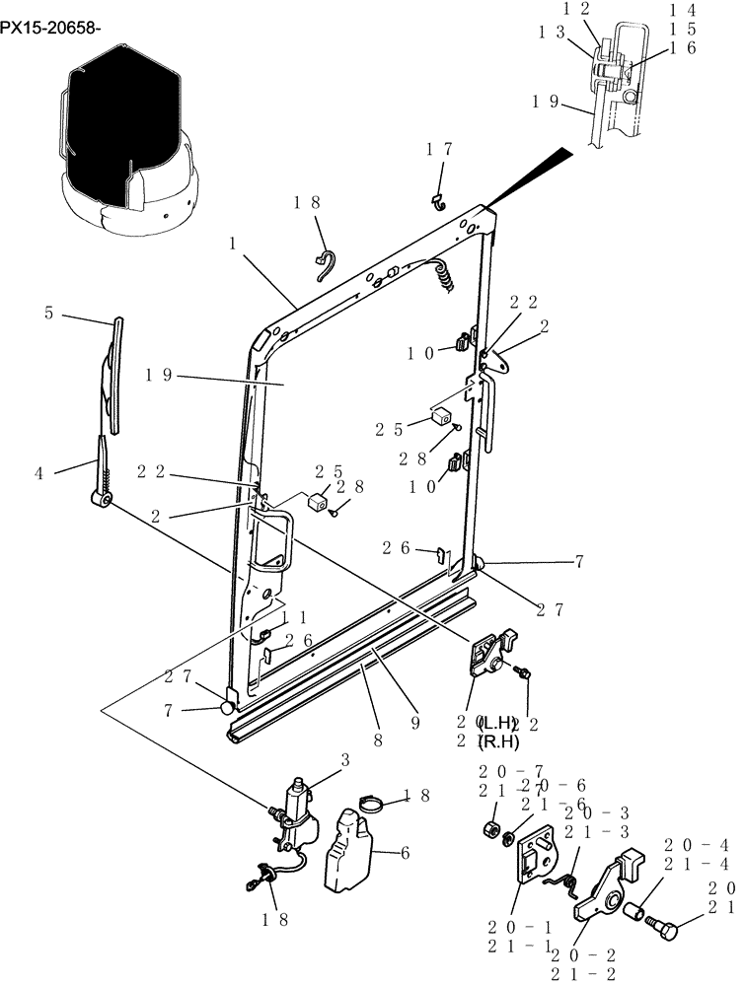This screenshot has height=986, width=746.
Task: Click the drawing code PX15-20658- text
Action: pos(51,30)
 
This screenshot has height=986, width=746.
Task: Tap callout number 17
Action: pos(439,149)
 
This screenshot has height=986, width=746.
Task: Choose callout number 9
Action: pos(415,722)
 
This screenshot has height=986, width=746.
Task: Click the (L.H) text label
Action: pos(498,722)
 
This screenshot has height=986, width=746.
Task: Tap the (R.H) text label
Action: pos(498,740)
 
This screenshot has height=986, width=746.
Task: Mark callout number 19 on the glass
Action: pos(159,376)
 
